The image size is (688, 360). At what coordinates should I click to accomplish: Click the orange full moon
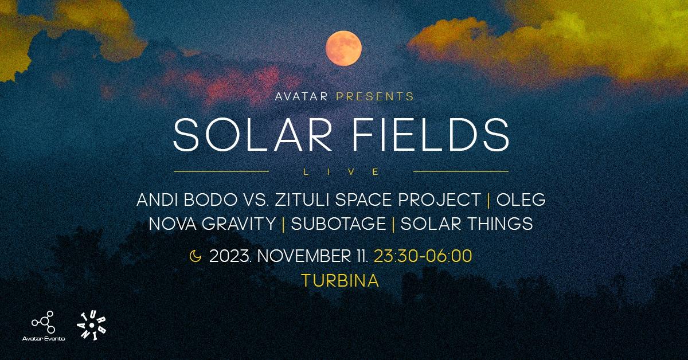pos(343,49)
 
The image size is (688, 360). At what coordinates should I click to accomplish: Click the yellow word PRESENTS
pos(375,96)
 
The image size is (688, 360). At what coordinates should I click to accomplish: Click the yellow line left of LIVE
pos(221,171)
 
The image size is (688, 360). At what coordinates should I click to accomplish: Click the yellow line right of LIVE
pos(460,171)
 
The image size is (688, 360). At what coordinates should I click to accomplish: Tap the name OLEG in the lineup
pos(521,201)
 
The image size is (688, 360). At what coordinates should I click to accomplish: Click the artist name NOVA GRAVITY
pos(212,224)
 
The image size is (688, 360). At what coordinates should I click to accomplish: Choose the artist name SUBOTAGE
pos(338,224)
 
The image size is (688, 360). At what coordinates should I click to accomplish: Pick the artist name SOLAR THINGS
pos(467,224)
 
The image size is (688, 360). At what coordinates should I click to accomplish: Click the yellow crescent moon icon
pos(196,256)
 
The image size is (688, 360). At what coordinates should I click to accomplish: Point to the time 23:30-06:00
pos(423,256)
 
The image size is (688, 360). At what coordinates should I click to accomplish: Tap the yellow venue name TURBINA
pos(340,281)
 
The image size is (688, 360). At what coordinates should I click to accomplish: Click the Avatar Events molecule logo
pos(43,323)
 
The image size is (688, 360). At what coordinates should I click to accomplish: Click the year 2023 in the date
pos(231,256)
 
